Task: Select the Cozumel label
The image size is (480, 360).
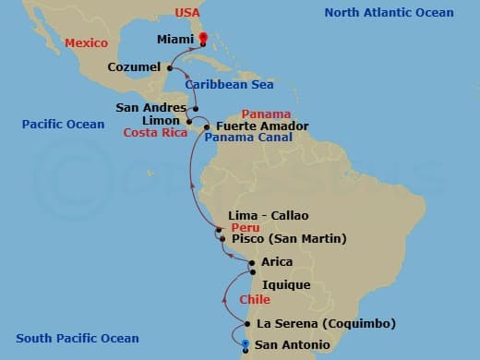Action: tap(134, 67)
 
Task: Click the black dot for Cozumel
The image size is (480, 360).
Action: tap(170, 67)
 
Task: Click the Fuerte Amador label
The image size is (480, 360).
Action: tap(261, 126)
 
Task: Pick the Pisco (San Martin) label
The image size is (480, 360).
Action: tap(288, 238)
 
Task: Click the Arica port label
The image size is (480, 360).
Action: tap(278, 262)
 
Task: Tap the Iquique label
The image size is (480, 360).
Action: tap(286, 285)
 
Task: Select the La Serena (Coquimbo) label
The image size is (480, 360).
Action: tap(326, 323)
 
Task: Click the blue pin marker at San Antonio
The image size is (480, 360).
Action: tap(246, 345)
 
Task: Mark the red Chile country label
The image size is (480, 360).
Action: tap(255, 300)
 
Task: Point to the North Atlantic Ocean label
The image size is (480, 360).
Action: tap(389, 12)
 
